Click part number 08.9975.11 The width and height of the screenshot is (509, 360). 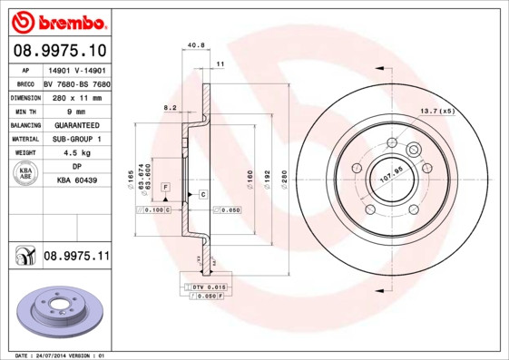click(75, 258)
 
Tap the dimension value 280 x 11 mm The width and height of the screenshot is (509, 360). click(76, 95)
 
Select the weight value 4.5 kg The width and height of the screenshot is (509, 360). click(76, 153)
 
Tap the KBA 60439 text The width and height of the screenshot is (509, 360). click(76, 180)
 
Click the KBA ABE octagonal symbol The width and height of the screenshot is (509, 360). click(25, 174)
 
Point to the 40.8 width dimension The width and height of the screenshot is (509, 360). click(194, 45)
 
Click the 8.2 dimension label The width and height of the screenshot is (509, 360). click(170, 108)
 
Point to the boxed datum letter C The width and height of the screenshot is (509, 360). click(203, 195)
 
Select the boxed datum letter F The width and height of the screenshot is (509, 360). click(166, 186)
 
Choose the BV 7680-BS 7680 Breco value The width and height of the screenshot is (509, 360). click(76, 82)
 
